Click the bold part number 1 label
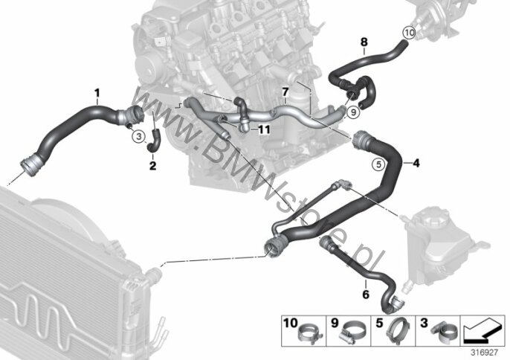pyautogui.click(x=96, y=92)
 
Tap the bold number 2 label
pyautogui.click(x=152, y=166)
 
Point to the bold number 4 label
pyautogui.click(x=416, y=161)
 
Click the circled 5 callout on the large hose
pyautogui.click(x=377, y=164)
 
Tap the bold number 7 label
pyautogui.click(x=285, y=92)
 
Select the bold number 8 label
pyautogui.click(x=364, y=42)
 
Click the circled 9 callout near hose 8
pyautogui.click(x=354, y=112)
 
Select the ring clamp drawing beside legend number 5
pyautogui.click(x=397, y=329)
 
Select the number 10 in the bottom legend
pyautogui.click(x=288, y=323)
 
